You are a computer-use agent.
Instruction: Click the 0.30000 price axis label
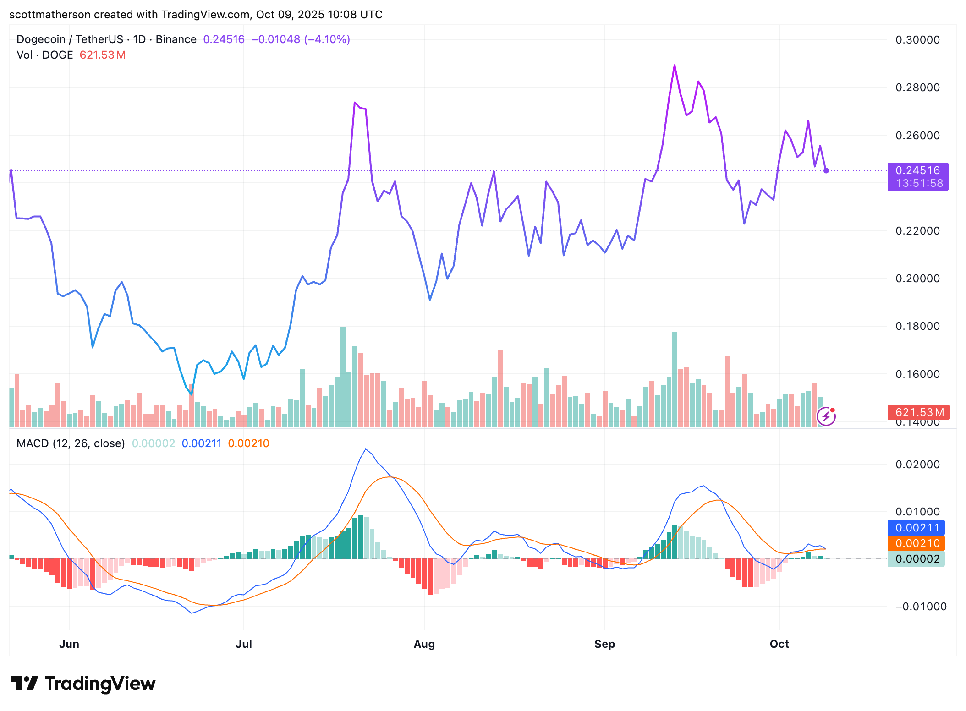[x=917, y=40]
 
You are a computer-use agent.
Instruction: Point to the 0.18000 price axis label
[x=917, y=326]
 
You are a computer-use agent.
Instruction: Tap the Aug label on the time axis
[x=424, y=644]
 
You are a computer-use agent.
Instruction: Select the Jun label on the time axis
[x=69, y=644]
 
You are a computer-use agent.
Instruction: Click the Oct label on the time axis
[x=779, y=644]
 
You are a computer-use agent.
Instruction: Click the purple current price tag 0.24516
[x=917, y=171]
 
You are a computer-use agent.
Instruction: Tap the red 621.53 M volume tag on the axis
[x=918, y=412]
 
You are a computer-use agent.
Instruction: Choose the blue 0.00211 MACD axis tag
[x=917, y=528]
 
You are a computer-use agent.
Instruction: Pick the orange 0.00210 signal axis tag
[x=917, y=543]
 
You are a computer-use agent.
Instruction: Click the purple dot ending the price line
[x=826, y=170]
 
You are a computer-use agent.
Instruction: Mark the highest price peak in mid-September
[x=675, y=66]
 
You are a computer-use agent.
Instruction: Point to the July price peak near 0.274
[x=355, y=103]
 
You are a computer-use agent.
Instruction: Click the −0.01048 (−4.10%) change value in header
[x=301, y=39]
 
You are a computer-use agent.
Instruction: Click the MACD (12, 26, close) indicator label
[x=71, y=443]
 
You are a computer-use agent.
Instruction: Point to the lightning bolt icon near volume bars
[x=826, y=416]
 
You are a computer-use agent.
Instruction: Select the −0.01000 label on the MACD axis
[x=920, y=607]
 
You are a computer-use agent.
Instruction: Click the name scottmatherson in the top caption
[x=50, y=15]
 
